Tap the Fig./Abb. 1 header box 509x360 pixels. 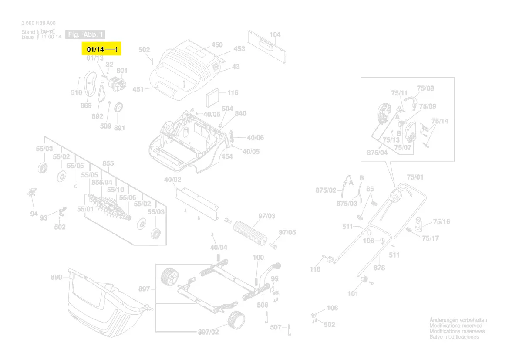click(x=85, y=34)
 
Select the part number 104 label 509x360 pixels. click(x=275, y=34)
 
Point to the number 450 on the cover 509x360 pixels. click(x=217, y=45)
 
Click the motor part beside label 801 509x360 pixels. click(x=115, y=83)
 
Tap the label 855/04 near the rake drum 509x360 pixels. click(x=102, y=182)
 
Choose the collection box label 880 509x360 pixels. click(x=57, y=277)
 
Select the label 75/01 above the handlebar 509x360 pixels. click(x=415, y=177)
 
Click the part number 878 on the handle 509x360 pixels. click(x=379, y=268)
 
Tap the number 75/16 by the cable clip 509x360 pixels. click(x=442, y=222)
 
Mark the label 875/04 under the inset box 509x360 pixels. click(x=377, y=153)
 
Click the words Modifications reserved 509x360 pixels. click(x=456, y=326)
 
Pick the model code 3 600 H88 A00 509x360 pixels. click(x=38, y=23)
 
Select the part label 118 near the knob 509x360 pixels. click(x=315, y=269)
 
